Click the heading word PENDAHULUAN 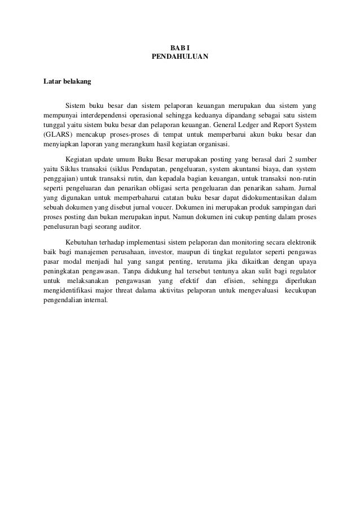(180, 57)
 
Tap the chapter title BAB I (180, 47)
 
